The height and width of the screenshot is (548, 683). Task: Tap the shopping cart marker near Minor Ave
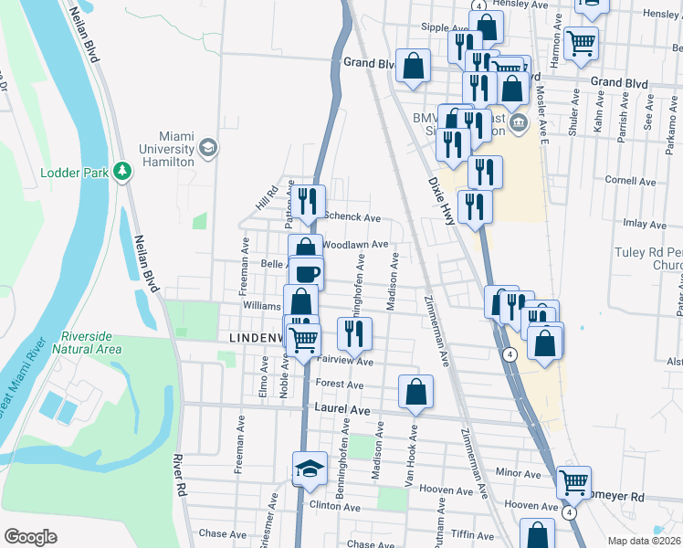click(573, 481)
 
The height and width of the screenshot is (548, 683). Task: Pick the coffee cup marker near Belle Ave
click(307, 271)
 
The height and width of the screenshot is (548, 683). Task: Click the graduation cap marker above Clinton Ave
click(310, 469)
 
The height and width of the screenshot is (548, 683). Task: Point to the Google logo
click(29, 536)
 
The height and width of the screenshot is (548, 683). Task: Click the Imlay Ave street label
click(645, 223)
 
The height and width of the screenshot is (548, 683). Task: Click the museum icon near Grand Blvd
click(518, 122)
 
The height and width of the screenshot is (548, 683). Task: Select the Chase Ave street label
click(224, 533)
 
